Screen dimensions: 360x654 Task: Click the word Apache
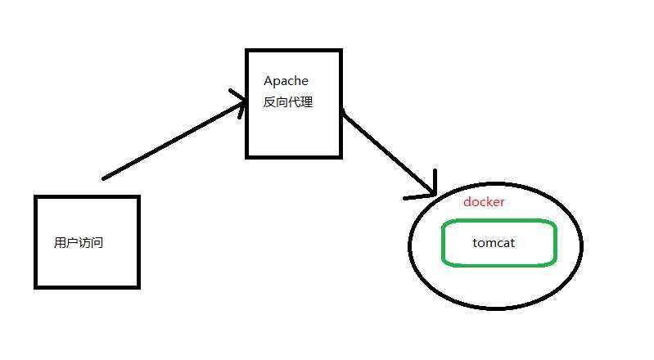pos(285,81)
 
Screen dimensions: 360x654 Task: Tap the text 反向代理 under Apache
pos(288,103)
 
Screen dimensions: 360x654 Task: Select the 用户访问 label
pos(79,243)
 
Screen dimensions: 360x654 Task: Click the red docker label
pos(484,202)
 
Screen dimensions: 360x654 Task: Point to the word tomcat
pos(494,242)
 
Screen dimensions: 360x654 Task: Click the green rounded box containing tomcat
pos(499,259)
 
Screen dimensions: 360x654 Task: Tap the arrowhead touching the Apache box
pos(241,103)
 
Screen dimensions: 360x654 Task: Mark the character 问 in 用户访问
pos(97,243)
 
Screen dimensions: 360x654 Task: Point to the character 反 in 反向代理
pos(269,103)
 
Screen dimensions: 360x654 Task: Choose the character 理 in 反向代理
pos(307,103)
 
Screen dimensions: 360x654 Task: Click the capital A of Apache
pos(268,81)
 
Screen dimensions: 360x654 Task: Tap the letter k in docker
pos(489,202)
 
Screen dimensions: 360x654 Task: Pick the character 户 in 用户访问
pos(72,243)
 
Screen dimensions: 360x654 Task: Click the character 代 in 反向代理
pos(295,103)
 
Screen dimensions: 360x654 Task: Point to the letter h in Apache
pos(295,81)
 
